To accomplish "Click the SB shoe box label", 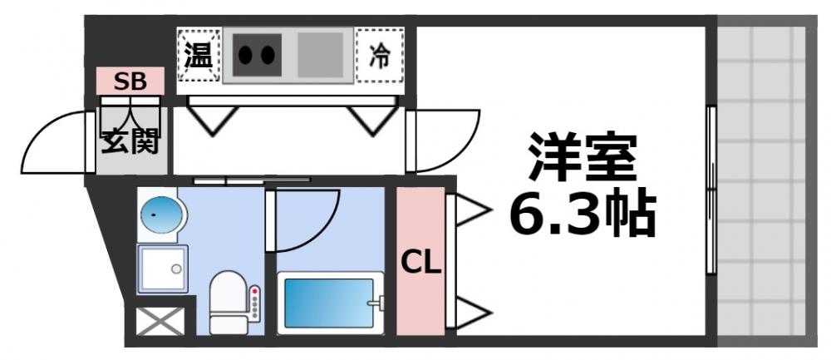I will (x=130, y=81).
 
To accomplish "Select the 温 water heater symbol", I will (x=198, y=56).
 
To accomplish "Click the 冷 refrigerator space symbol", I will (x=379, y=56).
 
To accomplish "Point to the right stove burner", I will (x=267, y=56).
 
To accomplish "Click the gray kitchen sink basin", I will (x=320, y=56).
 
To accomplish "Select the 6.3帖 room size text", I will (x=583, y=214).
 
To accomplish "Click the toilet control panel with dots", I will (x=255, y=303).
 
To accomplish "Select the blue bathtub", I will (x=330, y=303).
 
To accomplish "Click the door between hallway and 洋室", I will (x=445, y=141).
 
